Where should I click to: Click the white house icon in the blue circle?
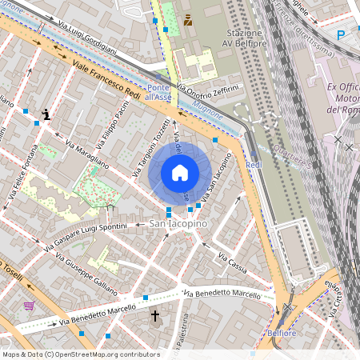(180, 173)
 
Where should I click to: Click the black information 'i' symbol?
(47, 114)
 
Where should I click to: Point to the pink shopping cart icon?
(30, 306)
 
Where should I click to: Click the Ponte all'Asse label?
(159, 91)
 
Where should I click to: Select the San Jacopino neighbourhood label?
(178, 224)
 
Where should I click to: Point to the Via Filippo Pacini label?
(111, 128)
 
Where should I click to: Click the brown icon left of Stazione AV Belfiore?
(188, 18)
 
